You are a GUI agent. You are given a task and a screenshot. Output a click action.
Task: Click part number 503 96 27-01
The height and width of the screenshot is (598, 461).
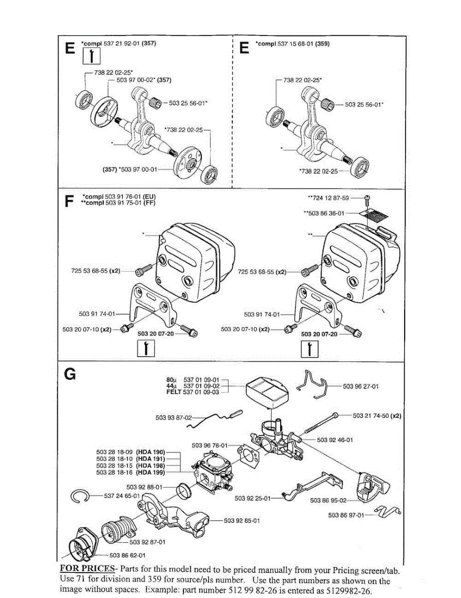click(x=361, y=386)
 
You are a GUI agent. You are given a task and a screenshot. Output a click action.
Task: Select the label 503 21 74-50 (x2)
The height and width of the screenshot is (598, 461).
click(x=377, y=415)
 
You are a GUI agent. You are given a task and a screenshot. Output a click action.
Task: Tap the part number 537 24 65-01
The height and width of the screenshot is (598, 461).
click(x=123, y=496)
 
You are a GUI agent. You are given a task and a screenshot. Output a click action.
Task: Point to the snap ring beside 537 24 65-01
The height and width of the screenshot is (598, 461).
click(x=80, y=496)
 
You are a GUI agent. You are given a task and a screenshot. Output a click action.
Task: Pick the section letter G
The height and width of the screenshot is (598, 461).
click(x=70, y=374)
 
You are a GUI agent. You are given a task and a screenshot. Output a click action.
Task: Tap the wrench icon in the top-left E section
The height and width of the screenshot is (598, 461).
click(x=91, y=58)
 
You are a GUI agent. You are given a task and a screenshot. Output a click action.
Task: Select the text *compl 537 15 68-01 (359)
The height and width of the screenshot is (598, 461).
click(x=293, y=44)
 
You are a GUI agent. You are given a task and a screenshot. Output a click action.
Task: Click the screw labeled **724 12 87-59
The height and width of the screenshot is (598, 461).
click(x=367, y=198)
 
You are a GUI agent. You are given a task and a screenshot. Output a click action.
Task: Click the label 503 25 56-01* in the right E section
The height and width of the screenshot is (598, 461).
click(x=364, y=105)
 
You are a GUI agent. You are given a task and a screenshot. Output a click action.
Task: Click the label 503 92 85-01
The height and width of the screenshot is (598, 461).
click(x=242, y=521)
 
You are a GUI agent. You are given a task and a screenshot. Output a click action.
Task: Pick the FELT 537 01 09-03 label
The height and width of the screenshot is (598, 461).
click(x=193, y=392)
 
